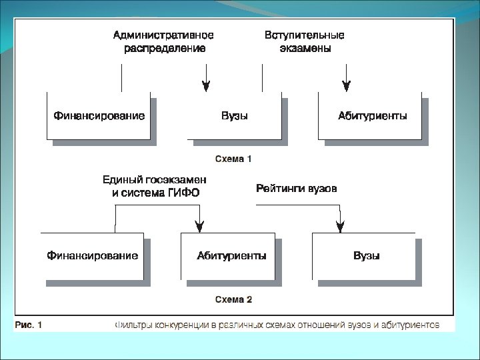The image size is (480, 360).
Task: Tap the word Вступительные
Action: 305,35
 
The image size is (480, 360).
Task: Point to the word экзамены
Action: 305,49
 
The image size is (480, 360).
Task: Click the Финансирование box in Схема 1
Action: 99,116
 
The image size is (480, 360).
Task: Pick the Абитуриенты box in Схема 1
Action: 372,116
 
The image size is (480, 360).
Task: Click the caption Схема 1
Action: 233,159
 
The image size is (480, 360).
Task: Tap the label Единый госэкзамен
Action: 155,179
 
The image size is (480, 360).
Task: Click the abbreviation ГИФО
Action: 181,193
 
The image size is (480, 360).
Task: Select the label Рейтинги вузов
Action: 297,189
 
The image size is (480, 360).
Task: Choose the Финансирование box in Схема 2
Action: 93,255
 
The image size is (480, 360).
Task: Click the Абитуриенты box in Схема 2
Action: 231,255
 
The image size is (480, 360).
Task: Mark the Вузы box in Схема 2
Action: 367,255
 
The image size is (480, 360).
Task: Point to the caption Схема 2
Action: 233,299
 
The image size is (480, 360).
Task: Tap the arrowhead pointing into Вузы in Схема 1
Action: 206,86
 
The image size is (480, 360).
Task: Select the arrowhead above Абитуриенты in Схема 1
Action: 346,86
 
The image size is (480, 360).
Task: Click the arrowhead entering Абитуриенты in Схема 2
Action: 198,227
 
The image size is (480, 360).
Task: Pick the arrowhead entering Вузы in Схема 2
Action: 340,227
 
